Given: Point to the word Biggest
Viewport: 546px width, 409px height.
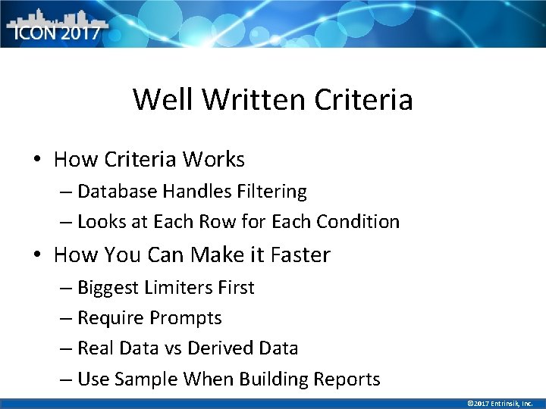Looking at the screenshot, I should [108, 288].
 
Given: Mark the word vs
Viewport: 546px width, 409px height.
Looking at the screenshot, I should [172, 349].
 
